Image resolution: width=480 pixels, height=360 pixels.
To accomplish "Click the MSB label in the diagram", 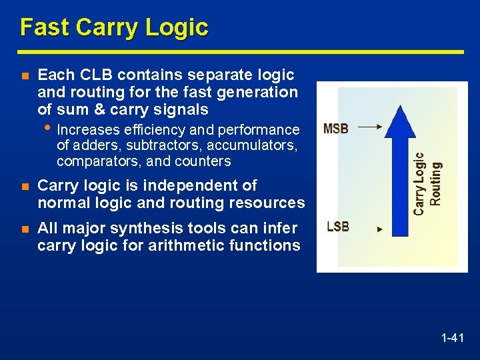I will coord(336,129).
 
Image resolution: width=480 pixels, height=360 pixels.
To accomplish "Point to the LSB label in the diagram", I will coord(338,227).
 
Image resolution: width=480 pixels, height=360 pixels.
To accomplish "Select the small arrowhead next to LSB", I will coord(380,229).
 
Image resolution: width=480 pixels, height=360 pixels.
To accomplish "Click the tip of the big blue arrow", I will coord(399,107).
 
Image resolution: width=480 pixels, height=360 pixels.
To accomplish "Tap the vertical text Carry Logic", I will coord(419,183).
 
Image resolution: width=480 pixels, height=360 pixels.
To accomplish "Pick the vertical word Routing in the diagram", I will coord(435,183).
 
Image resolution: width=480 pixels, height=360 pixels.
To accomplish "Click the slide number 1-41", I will coord(452,339).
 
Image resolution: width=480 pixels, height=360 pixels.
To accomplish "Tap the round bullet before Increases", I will coord(49,127).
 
